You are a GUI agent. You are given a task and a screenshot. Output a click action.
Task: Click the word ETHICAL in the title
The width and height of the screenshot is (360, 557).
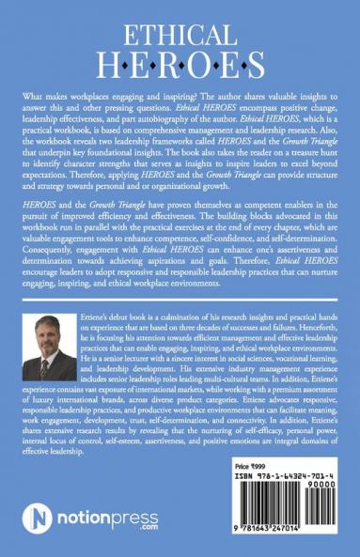coord(180,38)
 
